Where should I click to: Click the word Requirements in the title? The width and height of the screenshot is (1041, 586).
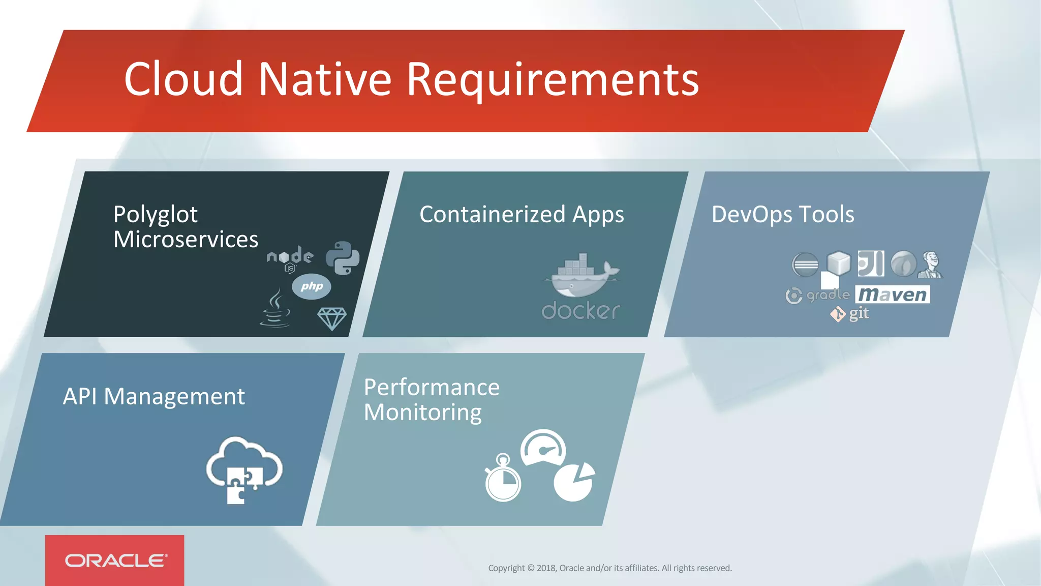click(553, 80)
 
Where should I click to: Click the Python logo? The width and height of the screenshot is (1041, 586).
click(343, 258)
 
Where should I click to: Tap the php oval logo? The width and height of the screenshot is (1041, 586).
click(312, 286)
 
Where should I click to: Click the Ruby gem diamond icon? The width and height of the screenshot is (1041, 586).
click(332, 318)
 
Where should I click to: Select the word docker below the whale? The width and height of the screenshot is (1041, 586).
click(580, 311)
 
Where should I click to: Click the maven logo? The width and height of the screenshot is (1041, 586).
click(893, 295)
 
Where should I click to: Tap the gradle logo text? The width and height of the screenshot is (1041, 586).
click(828, 295)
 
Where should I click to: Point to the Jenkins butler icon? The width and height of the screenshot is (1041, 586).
click(930, 265)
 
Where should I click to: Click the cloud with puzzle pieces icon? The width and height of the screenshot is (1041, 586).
click(244, 469)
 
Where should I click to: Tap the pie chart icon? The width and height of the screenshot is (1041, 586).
click(574, 482)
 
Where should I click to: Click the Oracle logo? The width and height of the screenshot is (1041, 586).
click(115, 561)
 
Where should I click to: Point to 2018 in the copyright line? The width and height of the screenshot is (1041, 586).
click(546, 568)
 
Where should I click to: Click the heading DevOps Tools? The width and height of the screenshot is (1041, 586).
click(783, 214)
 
